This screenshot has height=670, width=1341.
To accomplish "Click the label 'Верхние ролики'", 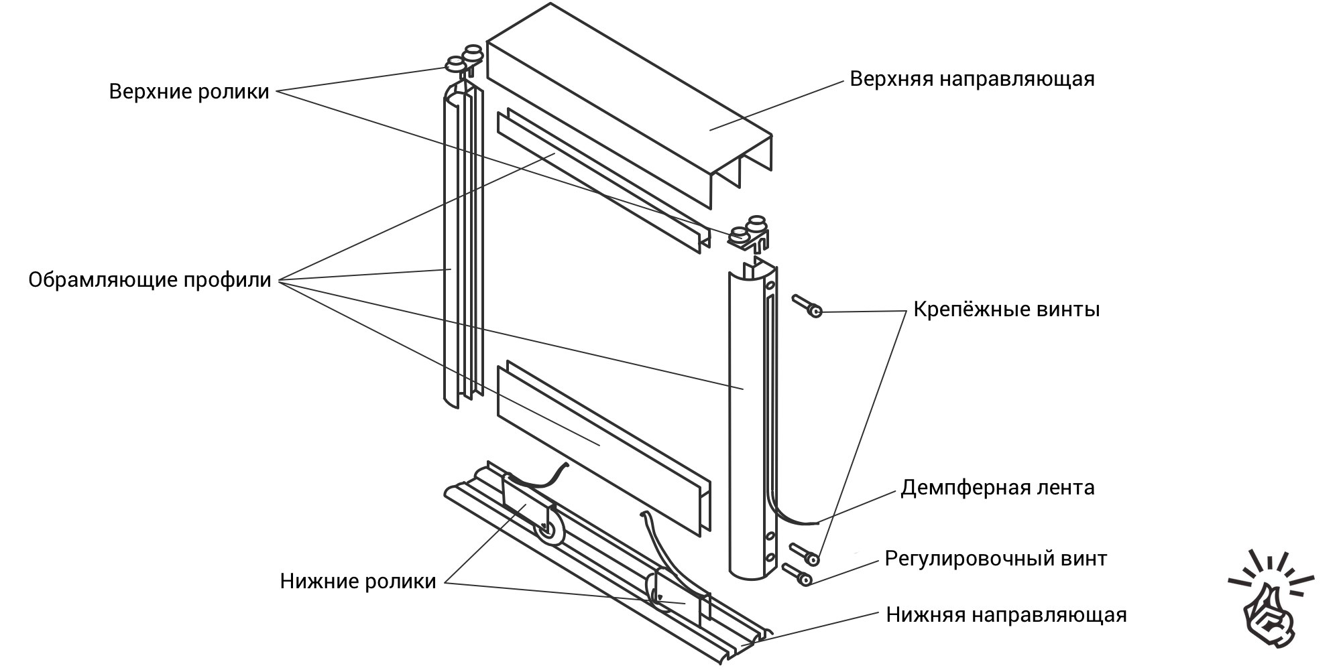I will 189,91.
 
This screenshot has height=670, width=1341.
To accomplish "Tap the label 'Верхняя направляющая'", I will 972,78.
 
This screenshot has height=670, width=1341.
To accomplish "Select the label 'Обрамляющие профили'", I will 150,279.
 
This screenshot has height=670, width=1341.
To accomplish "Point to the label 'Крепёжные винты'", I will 1006,310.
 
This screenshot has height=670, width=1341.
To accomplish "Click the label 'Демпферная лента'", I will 997,487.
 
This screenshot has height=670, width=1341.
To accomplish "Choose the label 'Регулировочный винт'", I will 995,558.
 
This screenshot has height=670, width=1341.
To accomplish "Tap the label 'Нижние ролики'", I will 358,581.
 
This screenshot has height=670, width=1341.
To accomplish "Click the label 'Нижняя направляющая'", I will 1006,614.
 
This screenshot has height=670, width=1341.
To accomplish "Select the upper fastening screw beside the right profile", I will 808,307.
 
